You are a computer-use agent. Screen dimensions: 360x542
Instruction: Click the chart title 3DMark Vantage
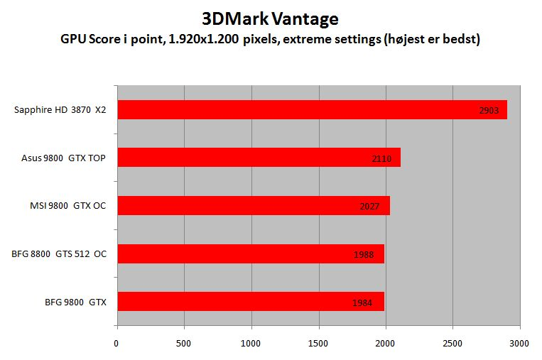point(271,18)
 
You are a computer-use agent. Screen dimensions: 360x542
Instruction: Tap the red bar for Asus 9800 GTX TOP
point(259,157)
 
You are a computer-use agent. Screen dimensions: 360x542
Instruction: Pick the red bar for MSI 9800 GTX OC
point(253,205)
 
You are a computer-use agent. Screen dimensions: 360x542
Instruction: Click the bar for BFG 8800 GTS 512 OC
point(250,253)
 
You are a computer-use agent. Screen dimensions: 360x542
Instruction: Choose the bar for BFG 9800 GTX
point(250,301)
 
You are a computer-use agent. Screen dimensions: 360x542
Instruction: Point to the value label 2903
point(489,111)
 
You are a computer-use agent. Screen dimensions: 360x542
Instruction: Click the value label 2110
point(381,159)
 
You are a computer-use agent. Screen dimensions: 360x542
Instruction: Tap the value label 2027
point(369,207)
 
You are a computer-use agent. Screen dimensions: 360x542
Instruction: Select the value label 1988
point(363,255)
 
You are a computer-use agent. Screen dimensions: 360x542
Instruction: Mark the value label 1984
point(362,303)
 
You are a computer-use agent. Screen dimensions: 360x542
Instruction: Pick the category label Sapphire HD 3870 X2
point(60,110)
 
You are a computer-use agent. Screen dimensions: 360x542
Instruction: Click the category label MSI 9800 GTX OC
point(63,206)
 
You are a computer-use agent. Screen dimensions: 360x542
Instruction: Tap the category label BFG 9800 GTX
point(75,302)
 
